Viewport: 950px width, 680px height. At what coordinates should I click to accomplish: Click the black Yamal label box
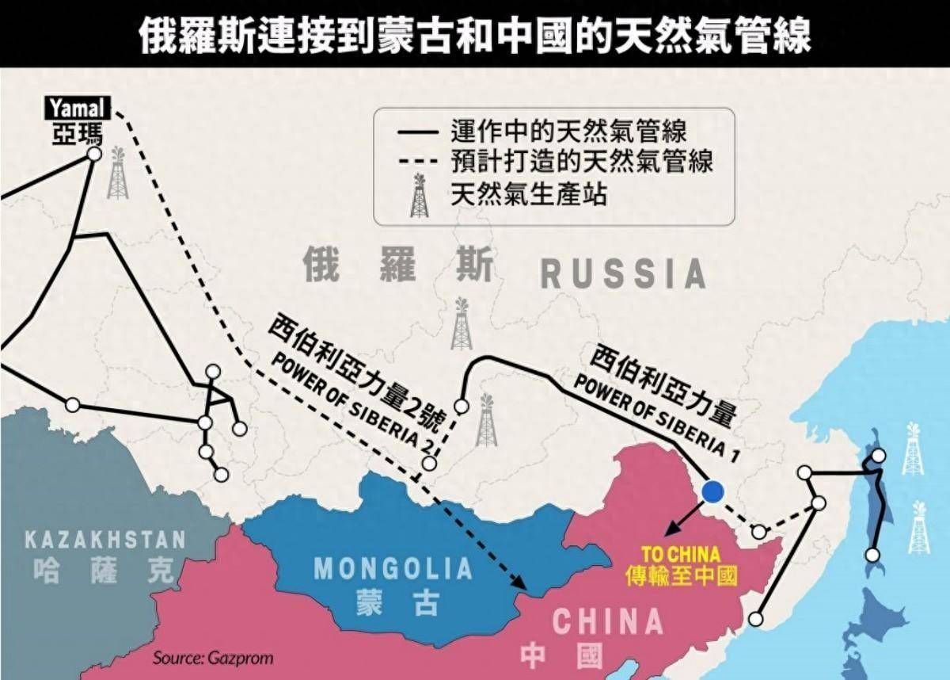[x=78, y=109]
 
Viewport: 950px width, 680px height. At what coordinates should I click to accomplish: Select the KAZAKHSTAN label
[x=104, y=541]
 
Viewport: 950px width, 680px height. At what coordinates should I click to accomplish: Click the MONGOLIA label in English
[x=393, y=568]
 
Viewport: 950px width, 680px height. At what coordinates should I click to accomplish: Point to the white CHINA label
[x=607, y=621]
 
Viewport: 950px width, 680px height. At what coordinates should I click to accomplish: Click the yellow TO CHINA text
[x=680, y=553]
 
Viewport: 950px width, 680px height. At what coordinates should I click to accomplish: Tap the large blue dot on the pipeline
[x=712, y=491]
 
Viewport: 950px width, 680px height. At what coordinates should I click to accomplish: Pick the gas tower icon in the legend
[x=419, y=196]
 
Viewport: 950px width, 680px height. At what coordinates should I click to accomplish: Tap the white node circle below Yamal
[x=94, y=155]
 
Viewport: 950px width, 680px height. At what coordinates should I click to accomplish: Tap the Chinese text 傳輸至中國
[x=680, y=575]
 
